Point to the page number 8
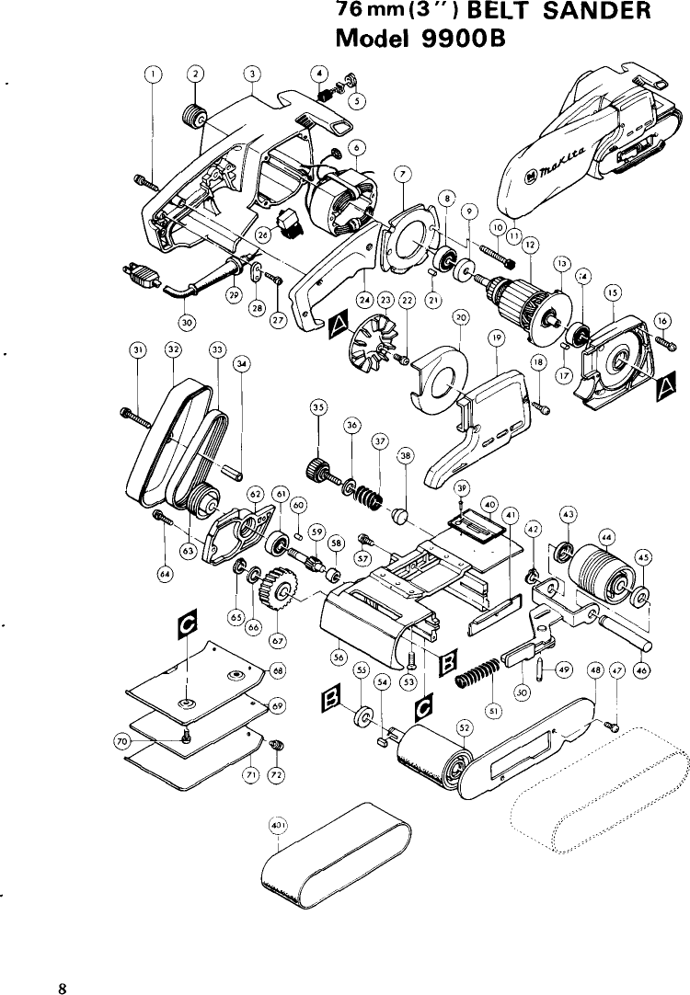62,963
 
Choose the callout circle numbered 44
606,534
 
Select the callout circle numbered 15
611,292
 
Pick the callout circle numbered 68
277,669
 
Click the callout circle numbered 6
359,145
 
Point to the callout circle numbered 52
466,726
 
